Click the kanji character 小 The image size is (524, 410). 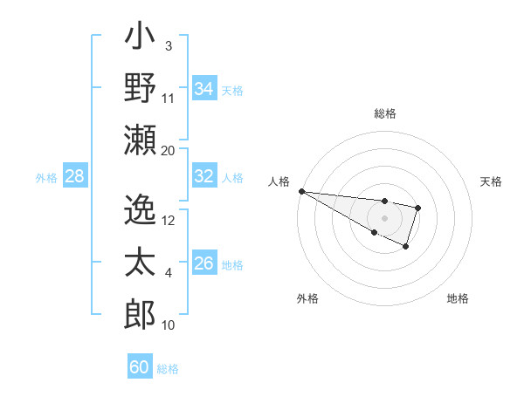coord(140,38)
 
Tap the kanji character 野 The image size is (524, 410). coord(140,88)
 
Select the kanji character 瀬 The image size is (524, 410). coord(140,139)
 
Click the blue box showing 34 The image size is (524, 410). coord(203,89)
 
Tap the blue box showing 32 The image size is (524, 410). coord(203,176)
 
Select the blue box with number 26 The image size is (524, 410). coord(203,264)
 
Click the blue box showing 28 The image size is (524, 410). coord(74,176)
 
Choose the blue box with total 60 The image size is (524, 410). coord(139,367)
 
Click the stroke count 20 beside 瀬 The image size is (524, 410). coord(169,151)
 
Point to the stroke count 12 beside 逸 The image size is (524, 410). coord(169,220)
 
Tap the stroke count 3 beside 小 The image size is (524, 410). coord(169,45)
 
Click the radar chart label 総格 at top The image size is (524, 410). coord(385,113)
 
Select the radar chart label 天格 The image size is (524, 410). coord(491,181)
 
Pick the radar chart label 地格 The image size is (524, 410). coord(458,298)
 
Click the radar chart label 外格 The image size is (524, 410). coord(307,298)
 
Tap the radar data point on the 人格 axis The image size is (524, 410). coord(301,191)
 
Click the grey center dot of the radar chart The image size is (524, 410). coord(384,217)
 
